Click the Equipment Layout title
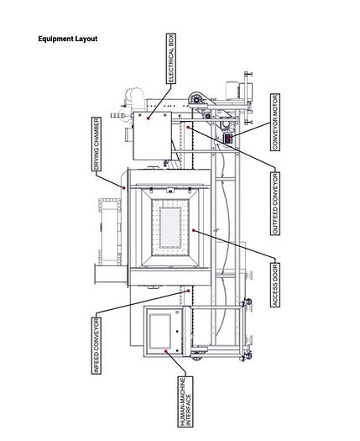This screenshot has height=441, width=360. (67, 39)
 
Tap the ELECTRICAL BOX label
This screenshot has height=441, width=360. (171, 59)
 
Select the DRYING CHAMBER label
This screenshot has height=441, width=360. (97, 144)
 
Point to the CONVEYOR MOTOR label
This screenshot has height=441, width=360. (275, 123)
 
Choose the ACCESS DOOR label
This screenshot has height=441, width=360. (276, 285)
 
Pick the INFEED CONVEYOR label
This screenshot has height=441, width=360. (97, 344)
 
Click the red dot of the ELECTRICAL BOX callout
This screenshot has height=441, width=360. (149, 118)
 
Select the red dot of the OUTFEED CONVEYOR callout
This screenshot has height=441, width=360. (190, 127)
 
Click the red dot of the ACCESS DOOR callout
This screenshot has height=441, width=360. (194, 229)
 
